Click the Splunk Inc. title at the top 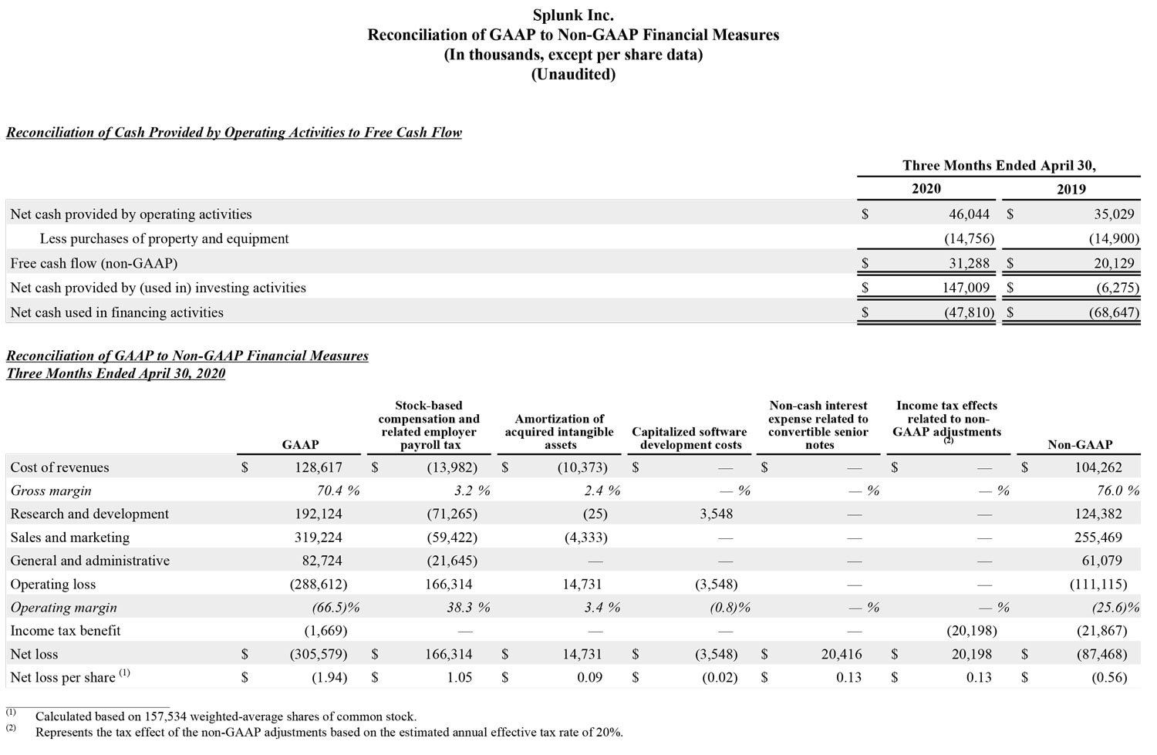click(573, 15)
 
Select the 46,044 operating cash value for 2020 click(969, 214)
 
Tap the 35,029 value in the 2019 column click(1114, 214)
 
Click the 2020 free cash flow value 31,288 click(969, 264)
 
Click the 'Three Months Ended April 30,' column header click(999, 166)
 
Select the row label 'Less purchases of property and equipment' click(164, 239)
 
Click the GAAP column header click(300, 445)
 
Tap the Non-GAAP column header click(1080, 445)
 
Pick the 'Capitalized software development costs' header click(690, 438)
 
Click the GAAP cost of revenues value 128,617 click(319, 467)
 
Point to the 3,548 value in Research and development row click(716, 514)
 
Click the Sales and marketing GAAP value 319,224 click(319, 538)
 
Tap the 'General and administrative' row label click(90, 561)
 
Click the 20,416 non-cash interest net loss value click(842, 655)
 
